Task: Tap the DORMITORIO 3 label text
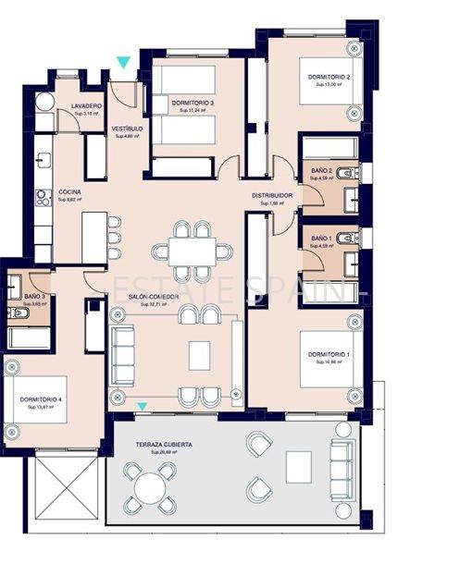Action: pos(193,102)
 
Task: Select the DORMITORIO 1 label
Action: pos(329,355)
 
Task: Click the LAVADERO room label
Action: pos(86,106)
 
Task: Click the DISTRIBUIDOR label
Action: pos(272,196)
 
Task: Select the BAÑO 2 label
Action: pos(321,171)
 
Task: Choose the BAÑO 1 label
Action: pos(321,239)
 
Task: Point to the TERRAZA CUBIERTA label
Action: pos(164,445)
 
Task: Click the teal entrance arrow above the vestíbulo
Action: pos(123,62)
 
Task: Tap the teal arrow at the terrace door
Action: pos(142,406)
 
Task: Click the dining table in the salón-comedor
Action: pos(193,251)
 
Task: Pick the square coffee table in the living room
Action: pos(200,355)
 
